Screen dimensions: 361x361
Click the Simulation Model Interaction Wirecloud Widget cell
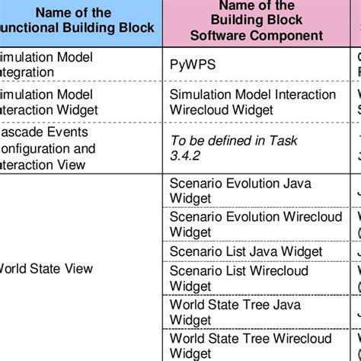tap(252, 101)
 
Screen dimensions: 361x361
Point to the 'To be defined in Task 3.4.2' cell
tap(233, 148)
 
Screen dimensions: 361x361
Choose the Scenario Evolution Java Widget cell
tap(240, 190)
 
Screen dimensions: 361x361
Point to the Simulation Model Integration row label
tap(46, 65)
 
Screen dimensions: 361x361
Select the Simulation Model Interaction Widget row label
tap(46, 101)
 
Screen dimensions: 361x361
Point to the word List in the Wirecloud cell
tap(235, 271)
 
